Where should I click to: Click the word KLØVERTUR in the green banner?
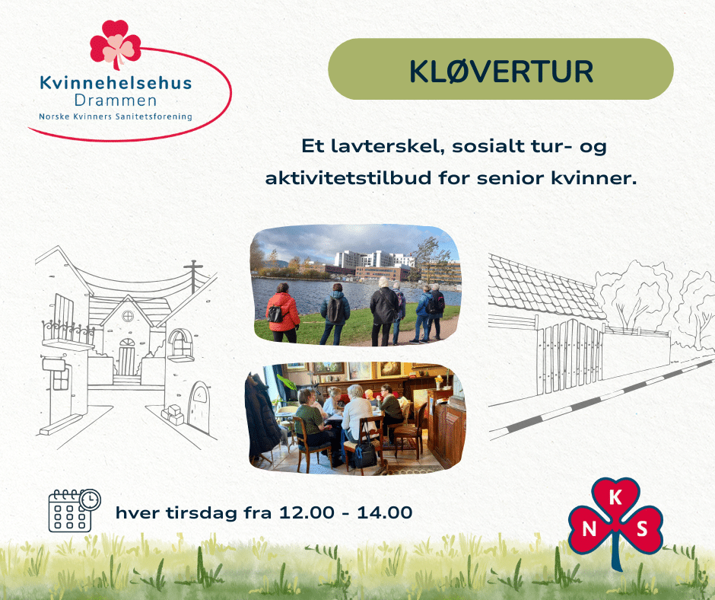[x=500, y=72]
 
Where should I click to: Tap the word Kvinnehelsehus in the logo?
[x=116, y=83]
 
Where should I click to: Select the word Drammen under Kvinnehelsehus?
[x=116, y=100]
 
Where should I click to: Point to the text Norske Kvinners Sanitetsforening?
[x=116, y=116]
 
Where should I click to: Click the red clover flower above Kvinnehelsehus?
[x=115, y=44]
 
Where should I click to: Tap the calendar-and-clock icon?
[x=75, y=510]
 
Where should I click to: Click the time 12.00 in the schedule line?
[x=306, y=512]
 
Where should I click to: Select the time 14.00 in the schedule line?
[x=384, y=512]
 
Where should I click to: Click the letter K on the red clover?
[x=615, y=497]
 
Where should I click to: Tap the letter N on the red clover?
[x=589, y=528]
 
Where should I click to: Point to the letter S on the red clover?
[x=642, y=528]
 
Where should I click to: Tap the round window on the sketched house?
[x=128, y=315]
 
